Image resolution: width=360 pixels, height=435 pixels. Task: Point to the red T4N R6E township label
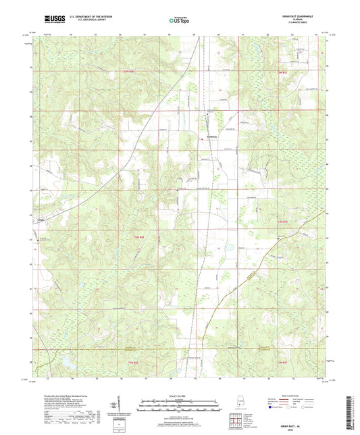tap(134, 237)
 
